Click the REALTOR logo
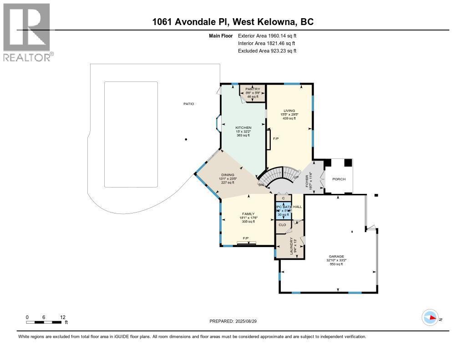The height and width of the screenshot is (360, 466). (27, 32)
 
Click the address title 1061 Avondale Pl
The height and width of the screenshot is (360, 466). (233, 22)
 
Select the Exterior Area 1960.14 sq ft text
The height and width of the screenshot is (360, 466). (267, 35)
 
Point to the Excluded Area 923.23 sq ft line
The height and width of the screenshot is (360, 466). (267, 51)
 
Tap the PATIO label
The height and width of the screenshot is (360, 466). (188, 104)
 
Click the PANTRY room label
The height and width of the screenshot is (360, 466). (252, 89)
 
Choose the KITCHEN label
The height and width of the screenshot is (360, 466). (243, 127)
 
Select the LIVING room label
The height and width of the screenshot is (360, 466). (289, 111)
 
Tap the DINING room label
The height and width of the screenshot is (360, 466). (228, 175)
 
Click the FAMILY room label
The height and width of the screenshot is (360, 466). (248, 214)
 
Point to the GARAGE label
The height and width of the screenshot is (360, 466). (337, 256)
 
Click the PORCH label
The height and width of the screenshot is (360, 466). (339, 179)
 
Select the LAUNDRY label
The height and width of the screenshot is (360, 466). (292, 246)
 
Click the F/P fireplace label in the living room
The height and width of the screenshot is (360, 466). (275, 138)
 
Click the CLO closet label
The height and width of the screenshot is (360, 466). (282, 224)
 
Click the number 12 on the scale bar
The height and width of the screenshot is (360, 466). (63, 317)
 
